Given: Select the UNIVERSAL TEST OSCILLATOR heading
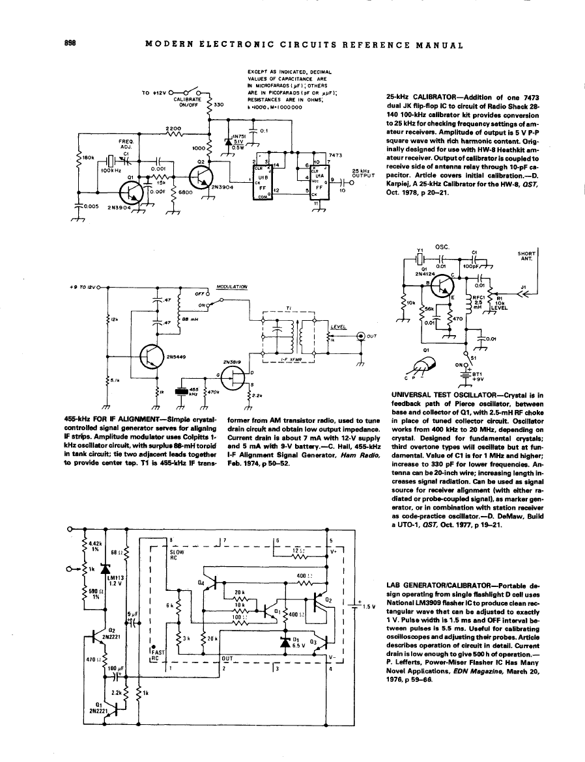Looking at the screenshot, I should [436, 395].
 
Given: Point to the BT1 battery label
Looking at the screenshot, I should [476, 374].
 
